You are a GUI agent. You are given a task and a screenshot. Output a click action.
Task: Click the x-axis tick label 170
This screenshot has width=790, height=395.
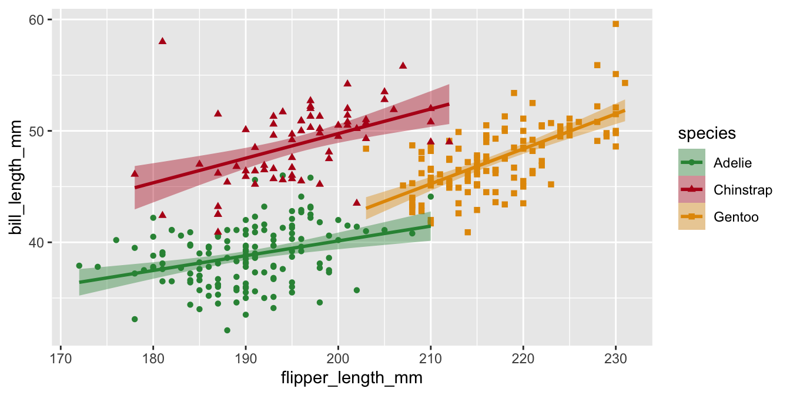tap(61, 358)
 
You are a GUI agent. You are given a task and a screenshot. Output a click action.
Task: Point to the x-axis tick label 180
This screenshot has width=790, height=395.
tap(153, 358)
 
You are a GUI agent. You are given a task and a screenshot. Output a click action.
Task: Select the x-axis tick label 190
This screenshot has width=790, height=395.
tap(246, 358)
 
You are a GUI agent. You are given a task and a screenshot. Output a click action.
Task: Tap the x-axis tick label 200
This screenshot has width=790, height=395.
tap(338, 358)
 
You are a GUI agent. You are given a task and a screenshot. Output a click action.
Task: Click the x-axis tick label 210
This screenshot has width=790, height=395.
tap(431, 358)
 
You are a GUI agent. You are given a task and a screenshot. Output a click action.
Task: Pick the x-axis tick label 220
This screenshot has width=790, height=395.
tap(523, 358)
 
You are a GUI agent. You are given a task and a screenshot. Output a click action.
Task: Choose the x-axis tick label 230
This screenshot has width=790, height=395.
tap(615, 358)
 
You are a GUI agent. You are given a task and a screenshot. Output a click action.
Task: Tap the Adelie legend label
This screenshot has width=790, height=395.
tap(732, 162)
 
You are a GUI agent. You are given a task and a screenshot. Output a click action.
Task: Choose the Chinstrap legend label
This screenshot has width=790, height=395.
tap(742, 190)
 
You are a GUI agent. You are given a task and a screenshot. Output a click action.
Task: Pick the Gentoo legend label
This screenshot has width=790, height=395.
tap(736, 217)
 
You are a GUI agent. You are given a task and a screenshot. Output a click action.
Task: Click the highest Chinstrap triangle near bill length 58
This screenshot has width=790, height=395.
tap(162, 41)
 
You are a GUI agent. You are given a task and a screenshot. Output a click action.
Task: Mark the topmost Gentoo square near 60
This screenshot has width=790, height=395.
tap(615, 24)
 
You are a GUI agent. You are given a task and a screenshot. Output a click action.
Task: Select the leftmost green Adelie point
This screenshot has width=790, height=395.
tap(79, 266)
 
